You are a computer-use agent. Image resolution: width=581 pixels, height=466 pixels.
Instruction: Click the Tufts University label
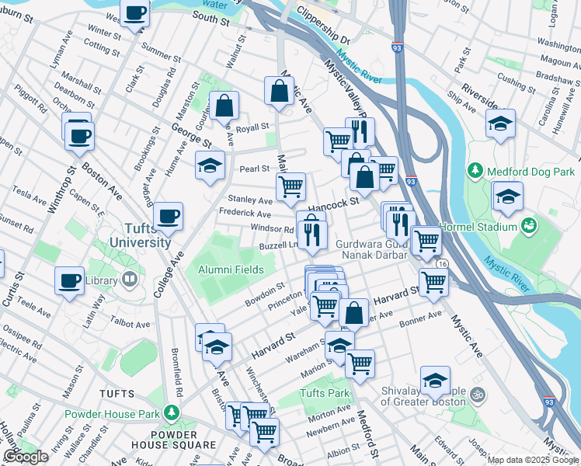coord(137,235)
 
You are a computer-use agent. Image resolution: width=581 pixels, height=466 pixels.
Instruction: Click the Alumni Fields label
coord(231,270)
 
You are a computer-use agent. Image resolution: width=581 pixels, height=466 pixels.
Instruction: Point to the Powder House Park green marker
coord(178,413)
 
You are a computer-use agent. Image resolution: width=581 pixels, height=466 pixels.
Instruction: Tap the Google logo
coord(25,457)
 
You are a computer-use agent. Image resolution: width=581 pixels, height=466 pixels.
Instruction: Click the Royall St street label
coord(252,127)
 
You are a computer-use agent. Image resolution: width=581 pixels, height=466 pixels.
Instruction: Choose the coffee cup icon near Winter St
coord(135,13)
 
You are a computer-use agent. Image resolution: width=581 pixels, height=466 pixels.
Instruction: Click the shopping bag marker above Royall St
coord(224,105)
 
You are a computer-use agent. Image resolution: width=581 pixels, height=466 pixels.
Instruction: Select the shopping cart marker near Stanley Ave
coord(290,186)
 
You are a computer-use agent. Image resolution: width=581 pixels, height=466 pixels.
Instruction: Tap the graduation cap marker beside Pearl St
coord(209,165)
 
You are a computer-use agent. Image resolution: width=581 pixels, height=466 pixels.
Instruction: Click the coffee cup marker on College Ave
coord(168,216)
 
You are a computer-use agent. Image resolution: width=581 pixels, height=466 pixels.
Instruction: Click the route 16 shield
coord(441,265)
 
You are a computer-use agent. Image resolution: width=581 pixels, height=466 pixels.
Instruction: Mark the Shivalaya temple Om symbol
coord(477,395)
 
